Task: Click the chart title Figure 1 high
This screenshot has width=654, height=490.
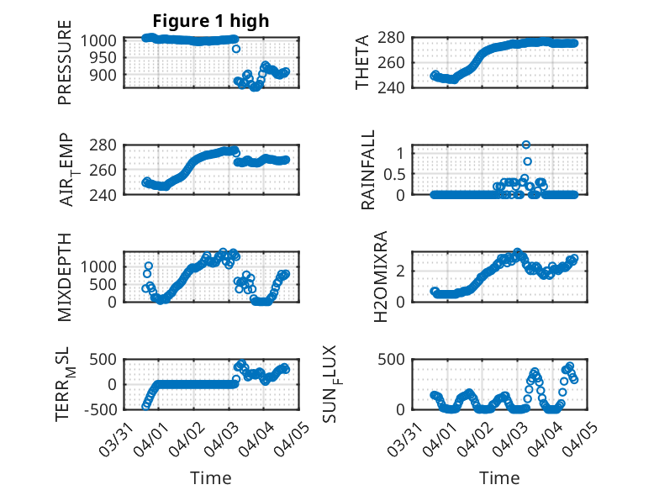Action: [x=211, y=21]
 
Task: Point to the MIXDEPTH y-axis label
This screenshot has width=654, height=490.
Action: [x=65, y=277]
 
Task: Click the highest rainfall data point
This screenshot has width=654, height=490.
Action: [x=526, y=145]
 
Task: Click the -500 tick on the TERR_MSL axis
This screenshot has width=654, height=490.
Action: [x=101, y=409]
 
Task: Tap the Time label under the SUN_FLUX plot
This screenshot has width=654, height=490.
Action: [x=499, y=478]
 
